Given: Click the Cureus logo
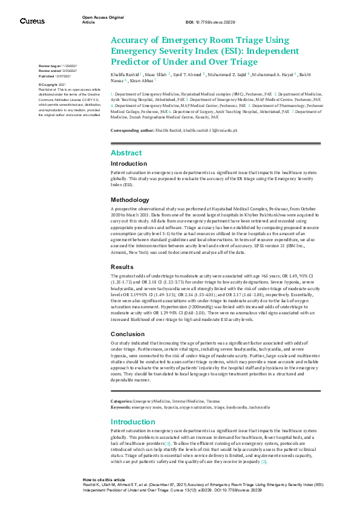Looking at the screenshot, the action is point(32,21).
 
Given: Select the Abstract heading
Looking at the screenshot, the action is point(126,153).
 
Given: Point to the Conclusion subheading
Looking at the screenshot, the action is point(127,334).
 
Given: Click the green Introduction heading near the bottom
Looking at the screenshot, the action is point(133,421).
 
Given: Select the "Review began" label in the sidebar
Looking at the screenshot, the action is point(50,65).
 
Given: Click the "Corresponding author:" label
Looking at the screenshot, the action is point(132,131).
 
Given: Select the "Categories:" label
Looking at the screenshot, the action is point(121,401).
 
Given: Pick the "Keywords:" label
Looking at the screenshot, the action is point(120,407).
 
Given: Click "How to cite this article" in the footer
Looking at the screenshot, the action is point(104,479).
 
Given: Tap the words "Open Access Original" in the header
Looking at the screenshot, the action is point(102,18).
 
